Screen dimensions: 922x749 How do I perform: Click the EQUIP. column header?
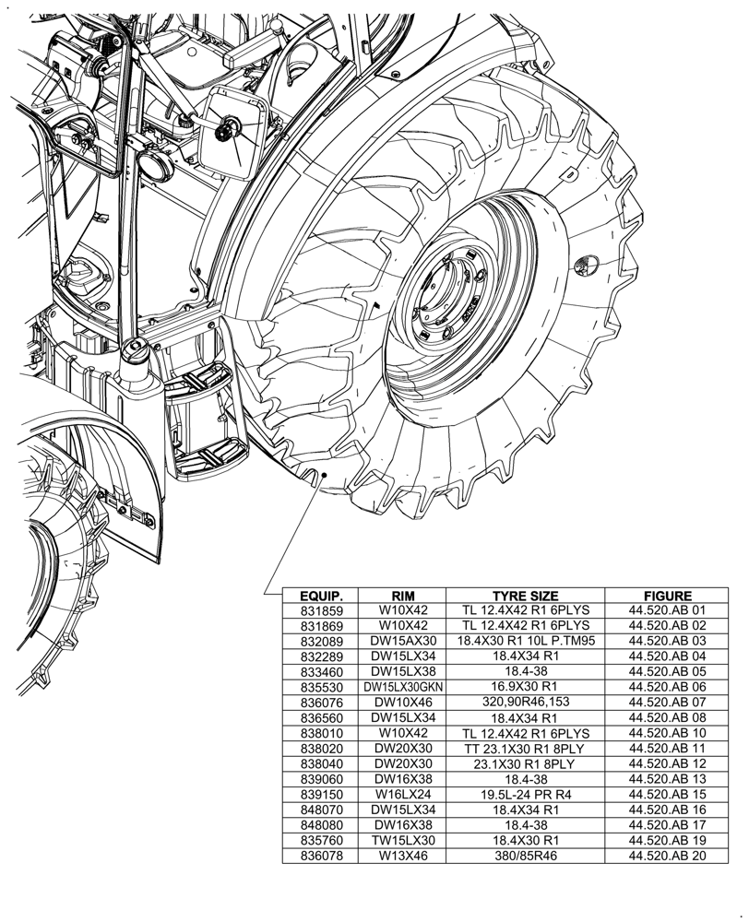pyautogui.click(x=321, y=597)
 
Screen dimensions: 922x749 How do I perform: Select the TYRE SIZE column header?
pyautogui.click(x=525, y=597)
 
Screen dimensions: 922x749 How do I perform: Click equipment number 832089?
pyautogui.click(x=321, y=640)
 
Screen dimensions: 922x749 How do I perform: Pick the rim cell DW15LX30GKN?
pyautogui.click(x=403, y=687)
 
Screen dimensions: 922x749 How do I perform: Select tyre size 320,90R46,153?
pyautogui.click(x=525, y=702)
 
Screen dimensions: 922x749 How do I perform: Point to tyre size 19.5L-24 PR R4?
pyautogui.click(x=525, y=794)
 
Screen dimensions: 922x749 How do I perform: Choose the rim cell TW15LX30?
pyautogui.click(x=403, y=841)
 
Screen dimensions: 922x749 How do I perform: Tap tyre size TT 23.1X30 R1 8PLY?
pyautogui.click(x=525, y=749)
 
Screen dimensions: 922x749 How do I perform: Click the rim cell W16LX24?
pyautogui.click(x=403, y=794)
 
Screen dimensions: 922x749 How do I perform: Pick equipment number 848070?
pyautogui.click(x=321, y=810)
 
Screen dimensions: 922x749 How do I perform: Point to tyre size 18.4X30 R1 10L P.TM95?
pyautogui.click(x=525, y=640)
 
